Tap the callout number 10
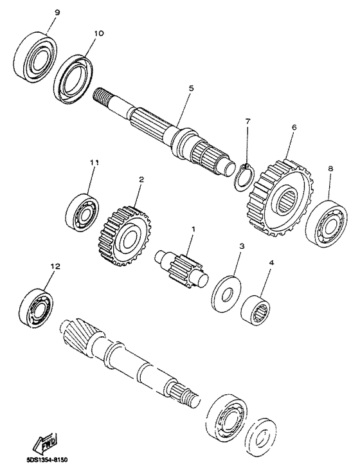(98, 33)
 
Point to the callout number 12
(57, 265)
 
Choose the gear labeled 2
(125, 235)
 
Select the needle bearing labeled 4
(256, 309)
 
